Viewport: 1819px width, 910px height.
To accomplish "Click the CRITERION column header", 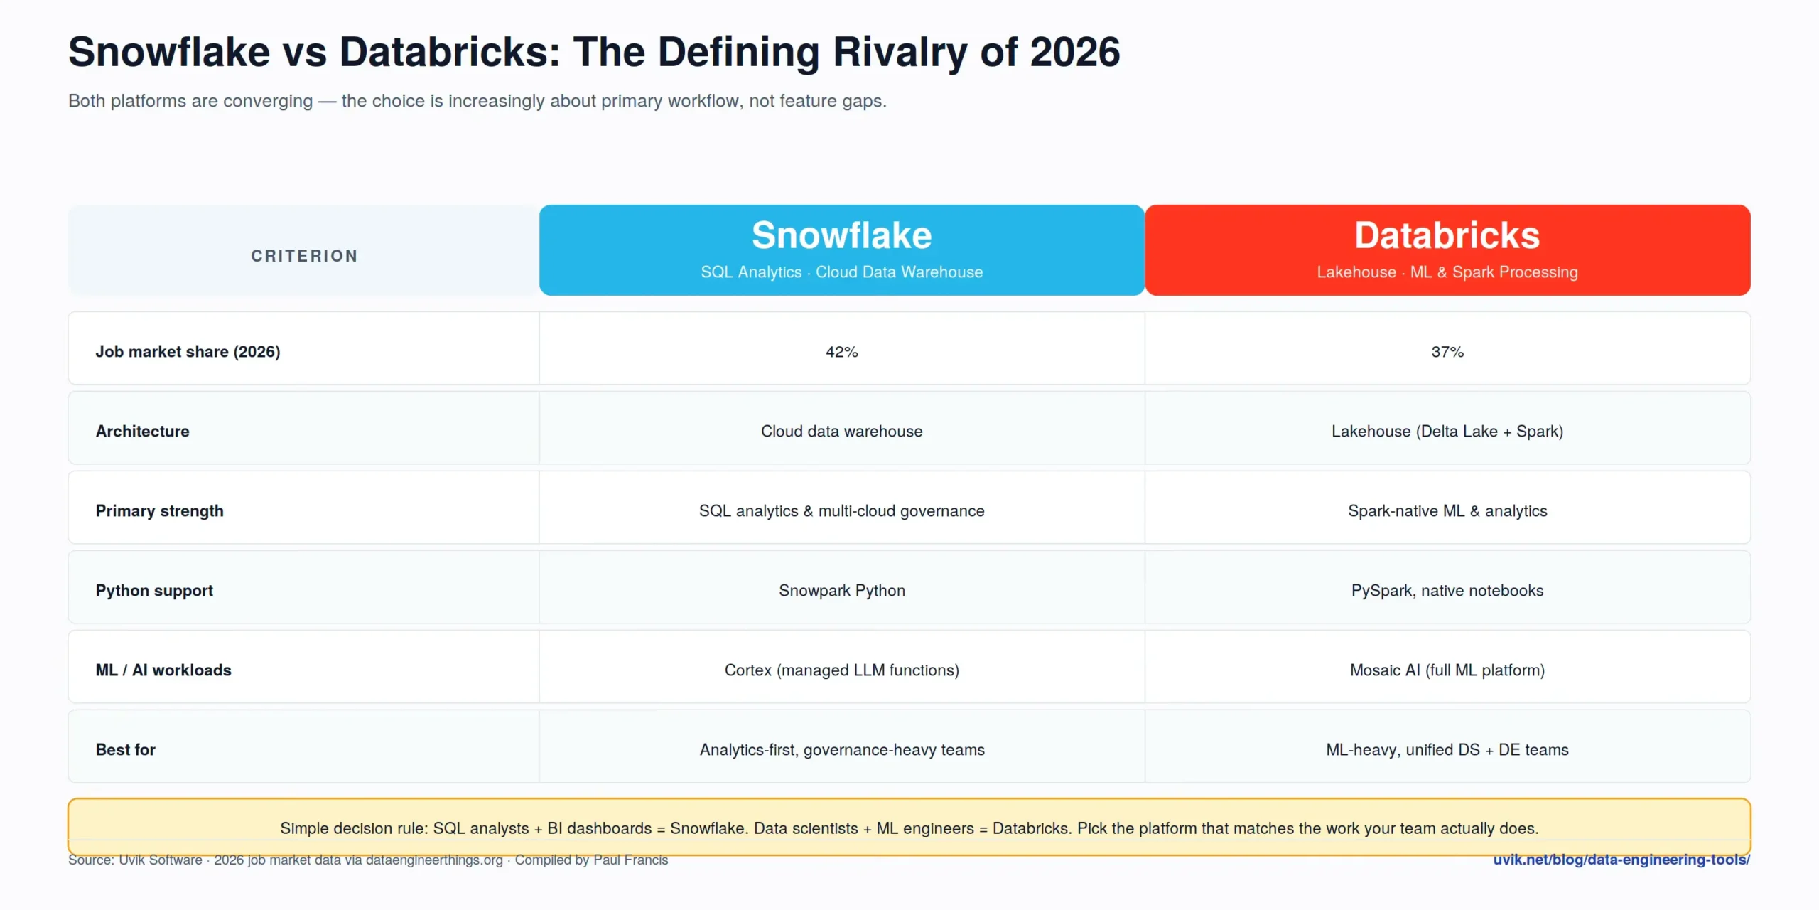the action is (x=304, y=256).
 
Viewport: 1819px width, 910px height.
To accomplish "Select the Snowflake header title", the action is (x=841, y=235).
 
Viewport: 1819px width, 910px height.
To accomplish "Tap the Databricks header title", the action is (x=1447, y=235).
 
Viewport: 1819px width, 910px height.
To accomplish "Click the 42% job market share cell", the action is (x=841, y=352).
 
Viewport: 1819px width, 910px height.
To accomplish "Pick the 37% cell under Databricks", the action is (x=1447, y=352).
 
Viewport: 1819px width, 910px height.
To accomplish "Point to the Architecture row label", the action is (x=143, y=432).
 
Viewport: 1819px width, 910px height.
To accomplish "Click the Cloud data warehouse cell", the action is (x=841, y=432).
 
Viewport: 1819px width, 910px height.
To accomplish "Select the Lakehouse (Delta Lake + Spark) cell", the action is (x=1447, y=432).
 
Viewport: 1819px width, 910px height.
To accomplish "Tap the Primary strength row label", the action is (x=160, y=511).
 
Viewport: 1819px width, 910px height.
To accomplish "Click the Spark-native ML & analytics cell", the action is (x=1447, y=511).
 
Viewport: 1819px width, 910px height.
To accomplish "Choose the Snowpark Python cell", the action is (x=841, y=591).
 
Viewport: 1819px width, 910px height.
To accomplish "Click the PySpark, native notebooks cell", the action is (x=1447, y=591).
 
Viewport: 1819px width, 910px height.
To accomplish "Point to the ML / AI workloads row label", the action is (x=163, y=670).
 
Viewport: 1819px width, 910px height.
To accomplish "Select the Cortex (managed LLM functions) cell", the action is (x=841, y=670).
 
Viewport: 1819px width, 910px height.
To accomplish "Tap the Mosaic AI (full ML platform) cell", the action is (x=1447, y=670).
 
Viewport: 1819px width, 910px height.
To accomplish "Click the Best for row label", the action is (x=126, y=750).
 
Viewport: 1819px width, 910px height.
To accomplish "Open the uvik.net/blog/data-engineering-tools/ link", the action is (x=1621, y=860).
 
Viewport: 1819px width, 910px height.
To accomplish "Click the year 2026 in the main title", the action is (x=1075, y=52).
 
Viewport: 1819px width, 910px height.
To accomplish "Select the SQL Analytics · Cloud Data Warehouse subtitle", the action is (x=841, y=272).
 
